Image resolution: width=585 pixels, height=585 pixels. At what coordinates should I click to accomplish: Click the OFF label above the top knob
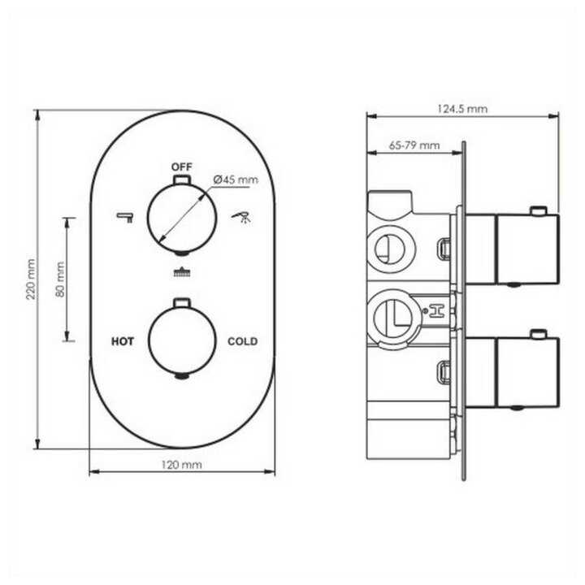[x=182, y=167]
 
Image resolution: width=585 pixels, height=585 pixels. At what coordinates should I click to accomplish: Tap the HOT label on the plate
[x=123, y=341]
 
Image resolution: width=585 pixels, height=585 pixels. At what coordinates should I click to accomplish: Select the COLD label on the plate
[x=242, y=341]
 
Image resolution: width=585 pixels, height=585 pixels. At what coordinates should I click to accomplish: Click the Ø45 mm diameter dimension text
[x=236, y=180]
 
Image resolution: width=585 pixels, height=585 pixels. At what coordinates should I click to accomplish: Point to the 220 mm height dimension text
[x=31, y=279]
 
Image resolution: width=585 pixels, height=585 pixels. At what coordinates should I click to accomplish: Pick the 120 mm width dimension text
[x=182, y=465]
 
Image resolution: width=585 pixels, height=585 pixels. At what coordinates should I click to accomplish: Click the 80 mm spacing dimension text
[x=59, y=279]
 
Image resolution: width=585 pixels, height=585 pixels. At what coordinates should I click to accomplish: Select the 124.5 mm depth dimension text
[x=462, y=109]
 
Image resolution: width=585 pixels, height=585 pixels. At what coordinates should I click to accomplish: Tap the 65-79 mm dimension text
[x=414, y=145]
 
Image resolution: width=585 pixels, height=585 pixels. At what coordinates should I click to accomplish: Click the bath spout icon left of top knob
[x=125, y=217]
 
